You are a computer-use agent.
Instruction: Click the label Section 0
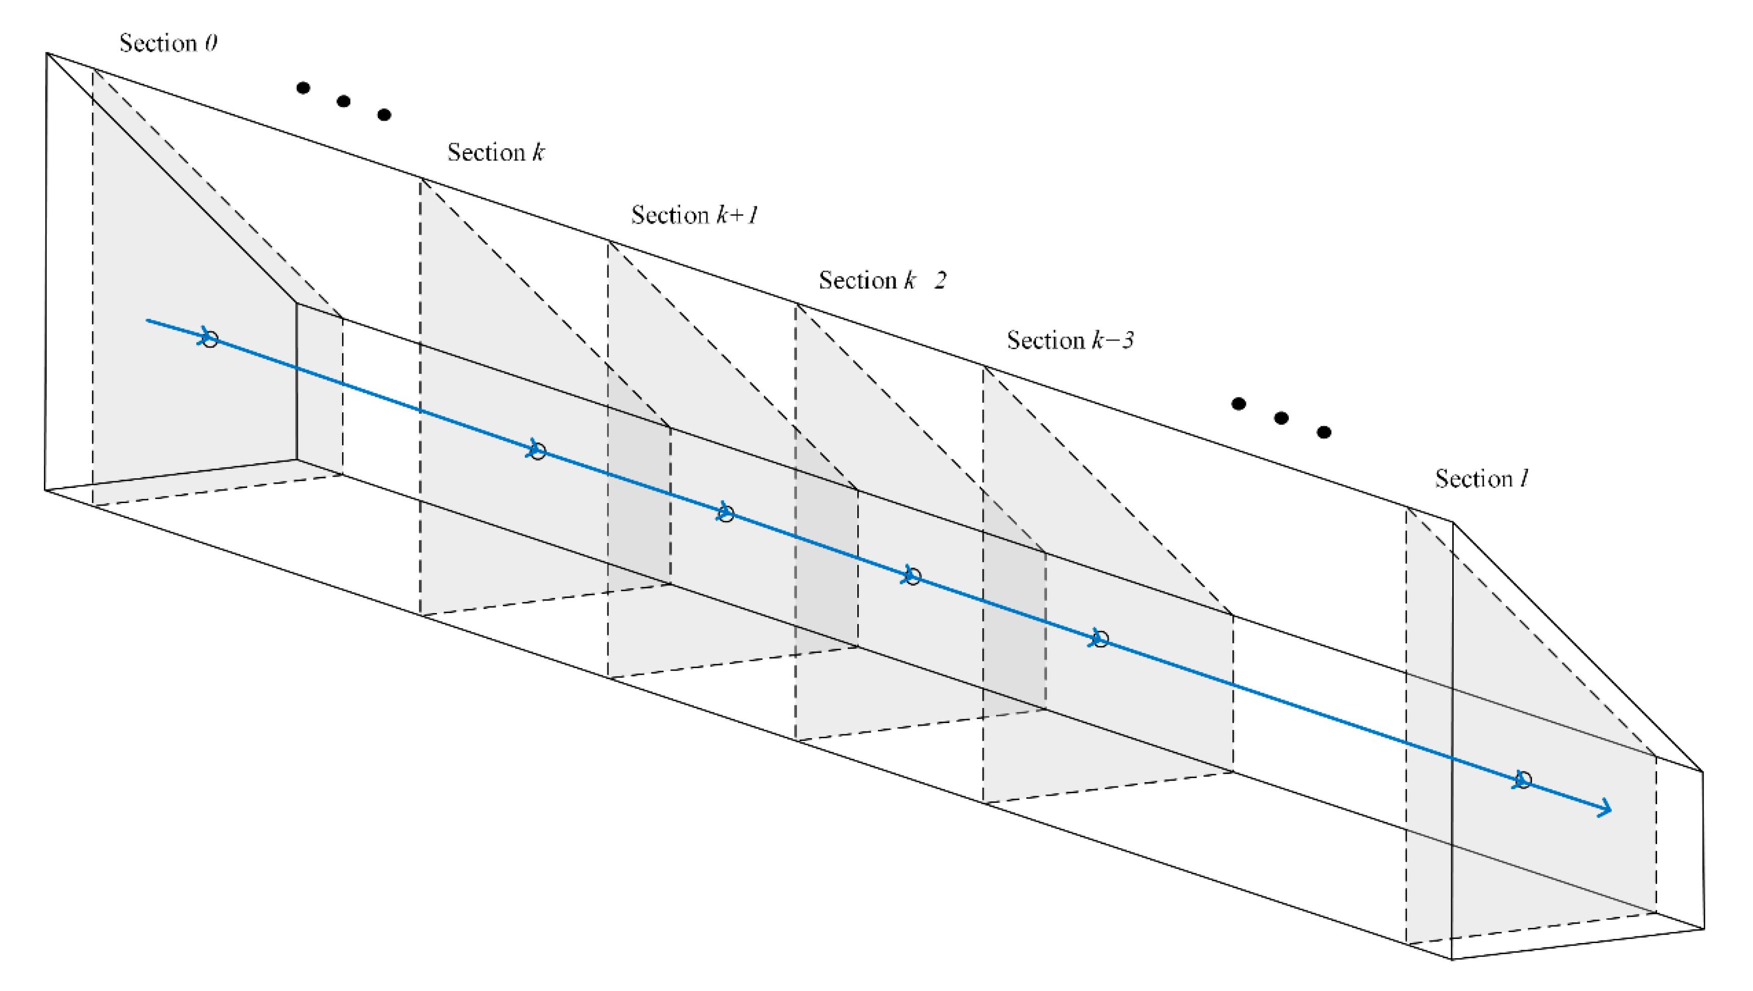pos(168,43)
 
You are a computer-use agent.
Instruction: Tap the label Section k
pos(496,152)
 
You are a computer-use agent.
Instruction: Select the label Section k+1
pos(694,215)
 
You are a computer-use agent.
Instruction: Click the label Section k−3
pos(1070,340)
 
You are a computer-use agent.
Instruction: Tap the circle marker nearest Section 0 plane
pos(210,339)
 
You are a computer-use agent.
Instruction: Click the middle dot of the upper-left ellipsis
pos(344,101)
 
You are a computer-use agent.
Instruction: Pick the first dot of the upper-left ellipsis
pos(303,88)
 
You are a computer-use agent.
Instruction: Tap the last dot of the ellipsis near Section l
pos(1324,432)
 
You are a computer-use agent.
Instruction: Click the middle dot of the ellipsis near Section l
pos(1281,418)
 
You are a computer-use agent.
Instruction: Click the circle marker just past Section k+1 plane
pos(726,514)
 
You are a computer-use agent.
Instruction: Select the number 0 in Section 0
pos(211,43)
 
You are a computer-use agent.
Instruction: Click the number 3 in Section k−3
pos(1128,340)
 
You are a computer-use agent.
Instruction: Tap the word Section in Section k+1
pos(670,215)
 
